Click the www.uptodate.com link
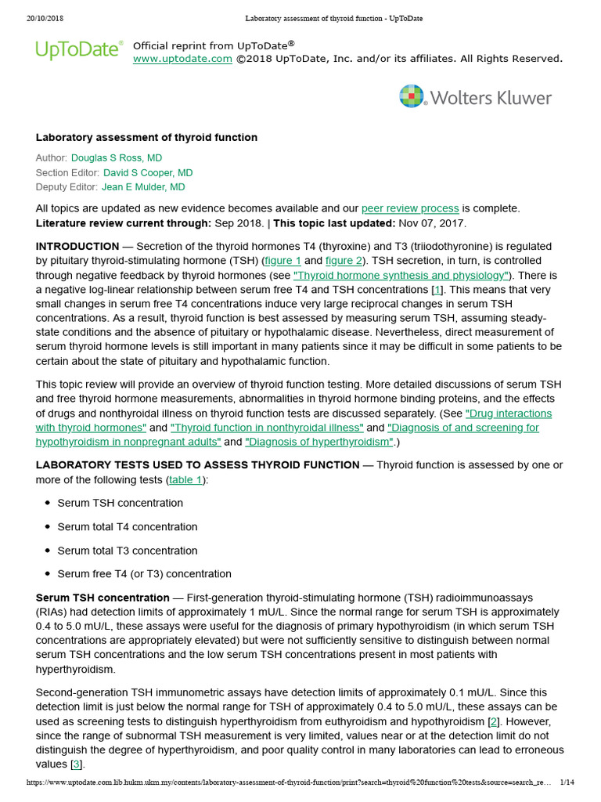click(x=182, y=59)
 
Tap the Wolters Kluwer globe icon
click(x=412, y=97)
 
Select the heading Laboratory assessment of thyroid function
click(x=146, y=138)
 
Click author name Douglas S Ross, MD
click(x=117, y=158)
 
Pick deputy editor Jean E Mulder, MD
click(x=143, y=186)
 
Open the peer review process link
click(x=410, y=208)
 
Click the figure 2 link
click(x=344, y=261)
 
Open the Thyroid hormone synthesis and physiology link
click(x=401, y=276)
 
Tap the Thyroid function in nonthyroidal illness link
click(x=267, y=428)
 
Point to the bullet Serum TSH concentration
click(x=120, y=503)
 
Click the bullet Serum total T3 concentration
click(x=128, y=551)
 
